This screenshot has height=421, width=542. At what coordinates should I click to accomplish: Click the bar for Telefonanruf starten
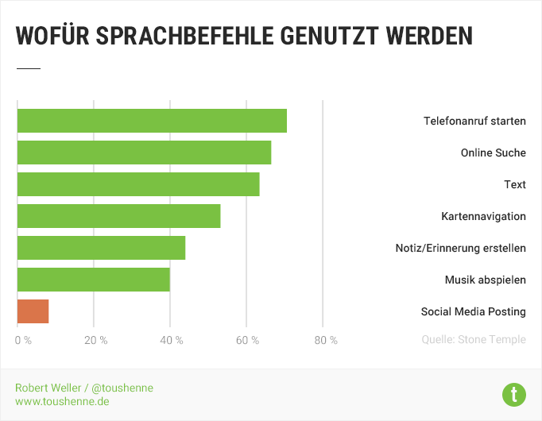coord(152,121)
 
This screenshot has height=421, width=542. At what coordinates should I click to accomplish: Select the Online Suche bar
coord(144,153)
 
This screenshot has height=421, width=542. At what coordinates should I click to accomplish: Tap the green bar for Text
coord(138,184)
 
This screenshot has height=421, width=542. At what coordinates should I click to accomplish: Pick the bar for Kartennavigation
coord(118,216)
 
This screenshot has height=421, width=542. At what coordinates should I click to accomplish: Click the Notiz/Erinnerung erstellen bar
coord(101,248)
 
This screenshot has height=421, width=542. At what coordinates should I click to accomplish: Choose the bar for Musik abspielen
coord(93,280)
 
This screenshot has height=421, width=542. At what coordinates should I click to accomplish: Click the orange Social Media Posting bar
coord(33,311)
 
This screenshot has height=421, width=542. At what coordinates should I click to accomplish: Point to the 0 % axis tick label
coord(23,341)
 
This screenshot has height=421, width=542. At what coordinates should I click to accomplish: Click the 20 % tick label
coord(95,341)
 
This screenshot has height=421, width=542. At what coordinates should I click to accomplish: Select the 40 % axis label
coord(172,341)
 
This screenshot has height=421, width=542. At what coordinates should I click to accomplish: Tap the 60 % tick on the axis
coord(248,341)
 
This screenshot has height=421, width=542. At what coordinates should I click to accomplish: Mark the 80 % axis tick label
coord(325,341)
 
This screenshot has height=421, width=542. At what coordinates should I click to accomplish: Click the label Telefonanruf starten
coord(474,122)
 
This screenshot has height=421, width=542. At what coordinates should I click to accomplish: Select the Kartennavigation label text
coord(483,216)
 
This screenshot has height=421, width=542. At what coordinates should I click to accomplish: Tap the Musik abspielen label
coord(485,280)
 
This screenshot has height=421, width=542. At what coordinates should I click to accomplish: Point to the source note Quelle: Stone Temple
coord(474,340)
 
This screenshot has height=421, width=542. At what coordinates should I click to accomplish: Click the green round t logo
coord(514,393)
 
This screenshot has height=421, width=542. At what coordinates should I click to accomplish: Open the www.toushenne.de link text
coord(62,402)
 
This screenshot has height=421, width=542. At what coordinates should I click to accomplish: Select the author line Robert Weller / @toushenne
coord(83,388)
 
